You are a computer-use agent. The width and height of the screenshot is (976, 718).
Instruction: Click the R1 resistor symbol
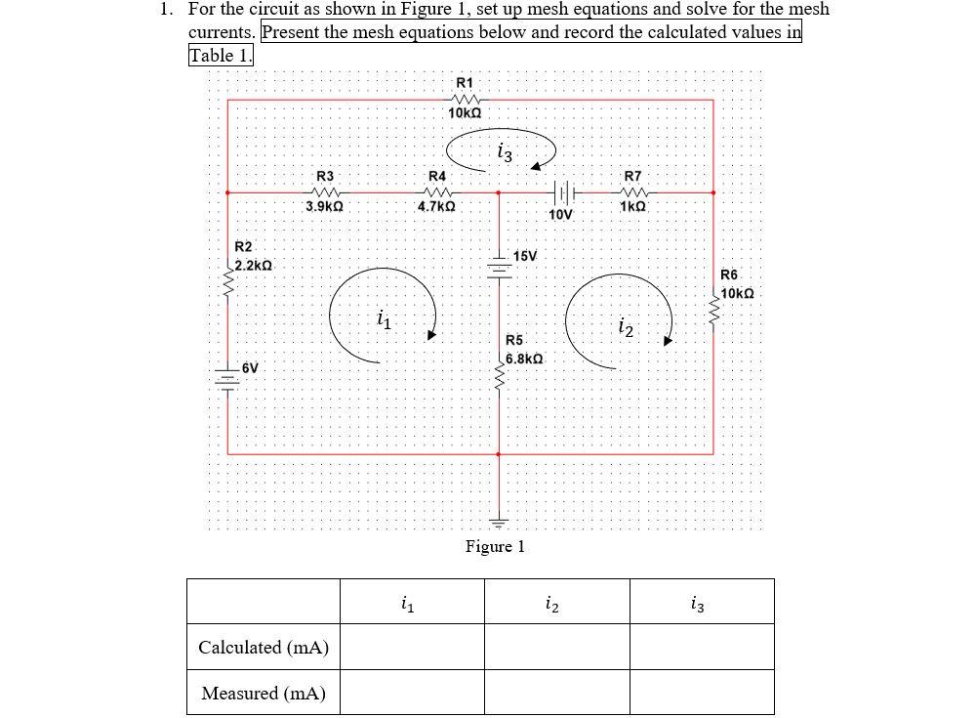[465, 100]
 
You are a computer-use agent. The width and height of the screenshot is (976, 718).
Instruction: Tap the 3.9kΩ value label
[324, 207]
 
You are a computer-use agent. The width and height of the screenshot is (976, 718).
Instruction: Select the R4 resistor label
[437, 175]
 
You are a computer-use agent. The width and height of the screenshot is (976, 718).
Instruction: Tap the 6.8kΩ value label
[525, 359]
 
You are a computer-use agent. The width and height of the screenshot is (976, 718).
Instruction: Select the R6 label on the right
[729, 275]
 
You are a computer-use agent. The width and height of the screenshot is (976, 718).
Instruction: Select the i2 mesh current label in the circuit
[626, 329]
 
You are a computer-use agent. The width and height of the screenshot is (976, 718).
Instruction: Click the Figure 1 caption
[495, 546]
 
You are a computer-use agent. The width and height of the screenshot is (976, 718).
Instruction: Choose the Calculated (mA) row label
[264, 647]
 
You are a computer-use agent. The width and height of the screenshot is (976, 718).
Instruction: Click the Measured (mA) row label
[264, 693]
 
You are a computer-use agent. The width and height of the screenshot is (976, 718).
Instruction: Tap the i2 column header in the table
[556, 602]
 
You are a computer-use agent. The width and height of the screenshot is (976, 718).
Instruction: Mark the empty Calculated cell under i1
[412, 647]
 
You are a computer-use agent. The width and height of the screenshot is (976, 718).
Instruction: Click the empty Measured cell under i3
[701, 693]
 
